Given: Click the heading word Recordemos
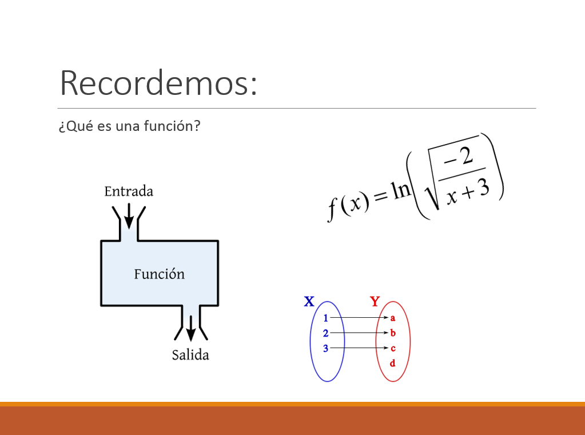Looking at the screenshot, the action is coord(158,83).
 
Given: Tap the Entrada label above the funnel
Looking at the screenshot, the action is coord(129,191).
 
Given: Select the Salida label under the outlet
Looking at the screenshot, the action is coord(190,355).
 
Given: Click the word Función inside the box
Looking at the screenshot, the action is coord(160,274).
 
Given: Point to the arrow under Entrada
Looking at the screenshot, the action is coord(129,216).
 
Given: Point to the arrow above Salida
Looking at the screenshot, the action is coord(190,328).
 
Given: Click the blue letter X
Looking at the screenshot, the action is coord(309,301).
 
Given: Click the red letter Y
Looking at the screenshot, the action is coord(375,301).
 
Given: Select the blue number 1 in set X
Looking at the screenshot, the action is coord(326,318).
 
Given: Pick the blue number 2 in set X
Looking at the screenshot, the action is coord(326,333).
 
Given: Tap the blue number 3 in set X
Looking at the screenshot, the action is coord(326,349).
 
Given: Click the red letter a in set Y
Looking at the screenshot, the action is coord(392,318).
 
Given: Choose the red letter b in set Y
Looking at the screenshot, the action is coord(392,333).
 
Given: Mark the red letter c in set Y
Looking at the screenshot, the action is coord(393,349).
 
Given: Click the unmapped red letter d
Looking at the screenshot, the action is coord(392,363).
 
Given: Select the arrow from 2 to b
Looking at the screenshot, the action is coord(359,333).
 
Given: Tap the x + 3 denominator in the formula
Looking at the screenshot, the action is coord(468,193).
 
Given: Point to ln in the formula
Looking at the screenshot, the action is coord(401,191).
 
